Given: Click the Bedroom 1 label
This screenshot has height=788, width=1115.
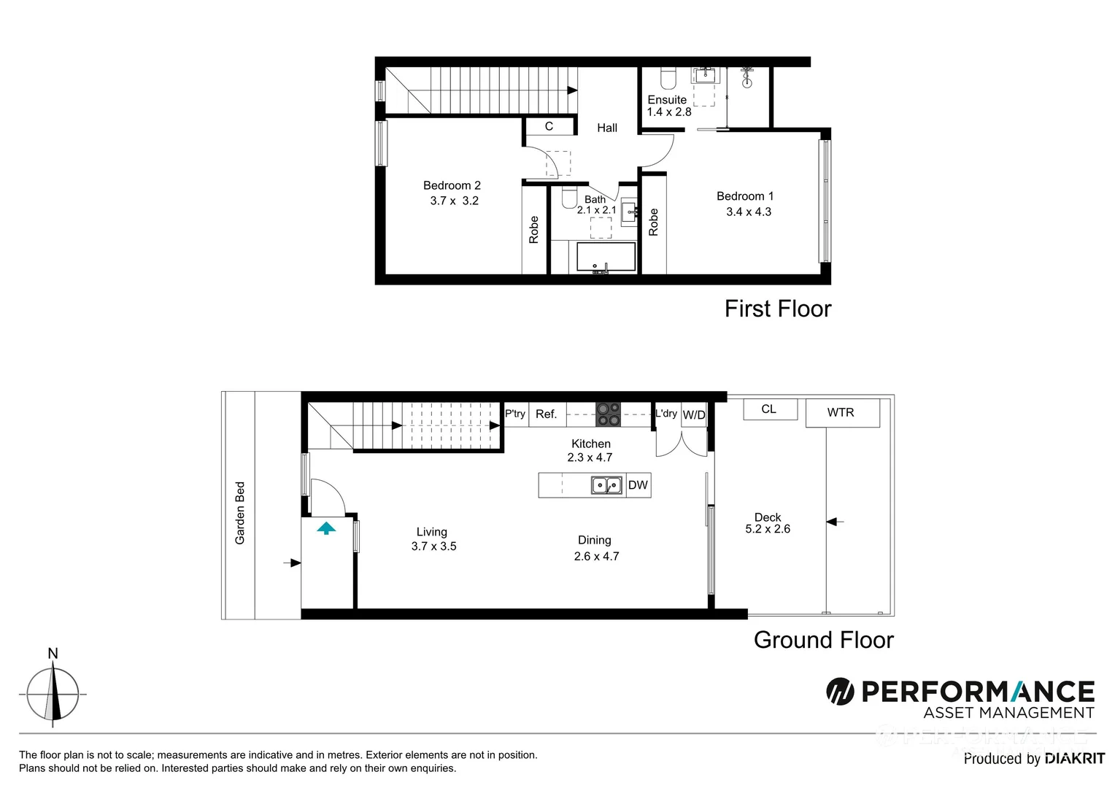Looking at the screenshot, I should (x=744, y=196).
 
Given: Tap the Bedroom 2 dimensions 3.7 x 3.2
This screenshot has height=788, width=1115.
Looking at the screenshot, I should (x=454, y=201).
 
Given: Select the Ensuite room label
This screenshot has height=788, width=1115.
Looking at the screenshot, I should (x=667, y=100).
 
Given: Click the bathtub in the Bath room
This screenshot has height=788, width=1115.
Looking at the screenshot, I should (x=606, y=258).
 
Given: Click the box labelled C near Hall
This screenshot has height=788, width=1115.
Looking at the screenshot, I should (x=549, y=126).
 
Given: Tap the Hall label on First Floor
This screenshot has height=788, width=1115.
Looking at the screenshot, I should (x=607, y=128).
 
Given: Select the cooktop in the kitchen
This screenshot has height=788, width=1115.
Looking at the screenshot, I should (x=608, y=414).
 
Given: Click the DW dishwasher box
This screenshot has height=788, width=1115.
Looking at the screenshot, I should (x=638, y=485).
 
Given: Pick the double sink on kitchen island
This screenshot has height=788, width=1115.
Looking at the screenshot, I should (x=606, y=485).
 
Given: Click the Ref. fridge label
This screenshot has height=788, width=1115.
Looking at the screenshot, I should (x=546, y=414).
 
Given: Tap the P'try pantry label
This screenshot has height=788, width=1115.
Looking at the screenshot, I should (x=515, y=414).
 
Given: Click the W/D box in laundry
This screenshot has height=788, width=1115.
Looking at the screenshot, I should (x=694, y=415).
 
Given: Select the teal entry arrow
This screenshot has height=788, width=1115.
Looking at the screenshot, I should (x=326, y=528).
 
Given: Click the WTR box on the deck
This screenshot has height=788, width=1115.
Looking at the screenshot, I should (x=841, y=413).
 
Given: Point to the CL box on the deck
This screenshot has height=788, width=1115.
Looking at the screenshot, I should (x=769, y=409).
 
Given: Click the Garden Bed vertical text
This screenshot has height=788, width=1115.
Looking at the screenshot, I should (x=240, y=513).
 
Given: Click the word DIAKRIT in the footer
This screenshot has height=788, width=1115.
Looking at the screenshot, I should (x=1074, y=759).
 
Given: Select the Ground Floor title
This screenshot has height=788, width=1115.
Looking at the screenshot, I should (x=823, y=640).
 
